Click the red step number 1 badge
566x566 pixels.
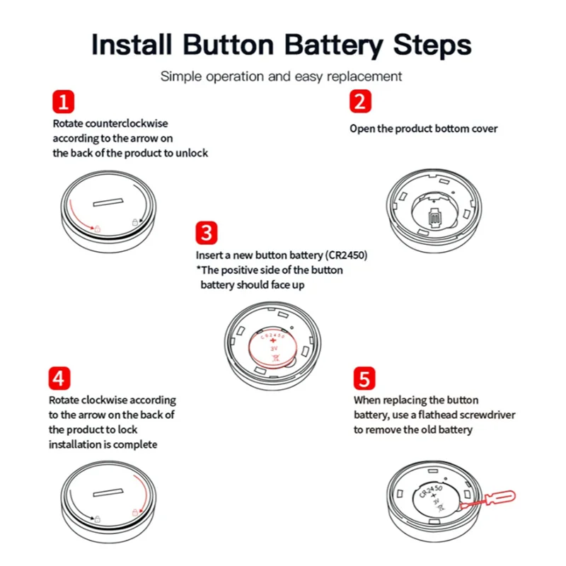63,101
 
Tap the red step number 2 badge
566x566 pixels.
360,101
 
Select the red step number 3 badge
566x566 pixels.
207,233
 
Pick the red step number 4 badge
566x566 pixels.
59,379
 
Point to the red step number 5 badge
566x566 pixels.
364,379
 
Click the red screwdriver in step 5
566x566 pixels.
488,500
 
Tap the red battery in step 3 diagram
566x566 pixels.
273,348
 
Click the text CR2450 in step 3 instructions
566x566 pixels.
346,255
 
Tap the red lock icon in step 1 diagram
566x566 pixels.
97,229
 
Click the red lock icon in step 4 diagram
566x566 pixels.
135,512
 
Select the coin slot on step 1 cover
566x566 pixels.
108,202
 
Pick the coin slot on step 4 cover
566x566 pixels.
108,492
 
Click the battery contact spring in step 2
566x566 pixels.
434,218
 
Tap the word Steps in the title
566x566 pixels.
432,45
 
